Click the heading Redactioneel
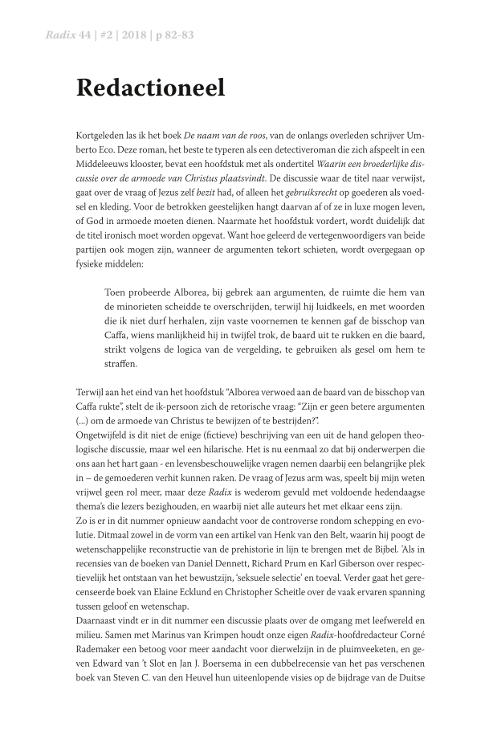click(x=150, y=88)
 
